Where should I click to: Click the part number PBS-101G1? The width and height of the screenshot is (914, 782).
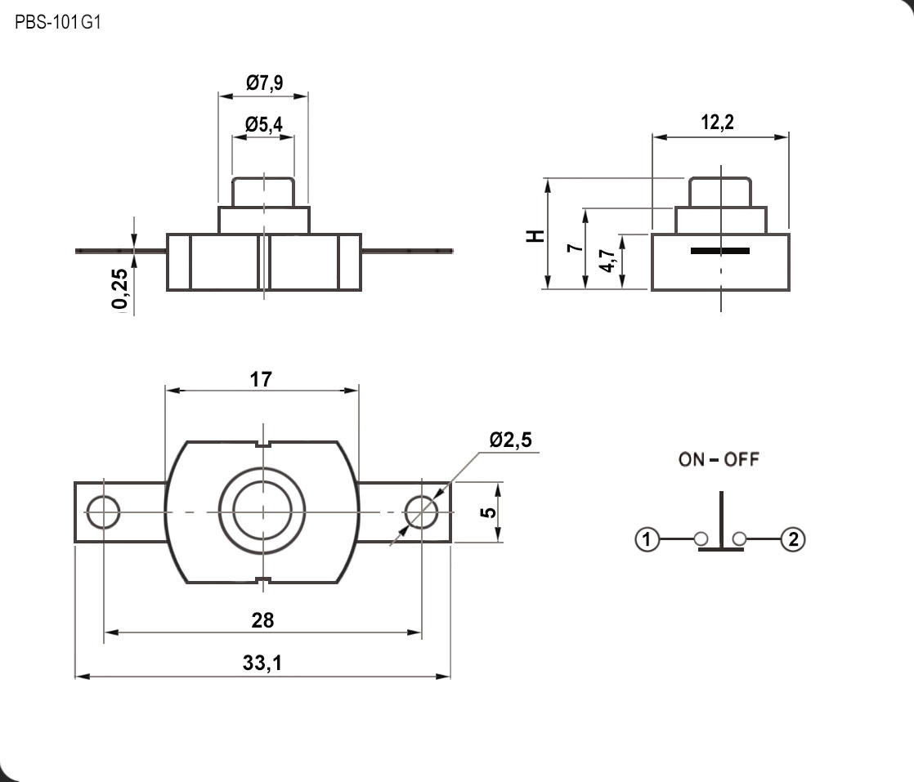click(x=57, y=23)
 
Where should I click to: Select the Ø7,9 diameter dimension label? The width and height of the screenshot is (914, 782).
click(x=264, y=83)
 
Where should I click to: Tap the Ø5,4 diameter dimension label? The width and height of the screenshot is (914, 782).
click(x=263, y=125)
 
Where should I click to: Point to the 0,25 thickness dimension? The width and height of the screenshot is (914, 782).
click(x=119, y=290)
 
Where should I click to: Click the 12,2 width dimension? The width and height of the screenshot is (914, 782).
click(x=718, y=123)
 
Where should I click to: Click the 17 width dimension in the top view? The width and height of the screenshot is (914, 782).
click(x=262, y=379)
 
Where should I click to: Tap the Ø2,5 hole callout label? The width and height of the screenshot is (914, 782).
click(x=510, y=440)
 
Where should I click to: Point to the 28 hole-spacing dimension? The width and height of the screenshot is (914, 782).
click(x=262, y=620)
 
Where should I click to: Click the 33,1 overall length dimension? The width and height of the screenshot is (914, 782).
click(x=262, y=664)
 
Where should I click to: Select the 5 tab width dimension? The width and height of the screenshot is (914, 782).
click(x=488, y=512)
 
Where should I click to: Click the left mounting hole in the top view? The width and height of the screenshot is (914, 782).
click(x=104, y=512)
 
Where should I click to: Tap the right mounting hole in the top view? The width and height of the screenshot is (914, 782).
click(x=421, y=512)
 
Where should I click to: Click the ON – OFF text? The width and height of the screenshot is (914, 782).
click(x=719, y=459)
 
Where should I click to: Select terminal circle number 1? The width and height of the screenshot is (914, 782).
click(x=647, y=539)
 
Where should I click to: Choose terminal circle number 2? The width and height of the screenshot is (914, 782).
click(x=793, y=539)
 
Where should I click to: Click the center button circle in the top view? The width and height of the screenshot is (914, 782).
click(x=262, y=512)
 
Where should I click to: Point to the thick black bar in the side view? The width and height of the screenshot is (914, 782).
click(x=719, y=250)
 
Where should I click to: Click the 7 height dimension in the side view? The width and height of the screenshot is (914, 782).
click(x=576, y=247)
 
